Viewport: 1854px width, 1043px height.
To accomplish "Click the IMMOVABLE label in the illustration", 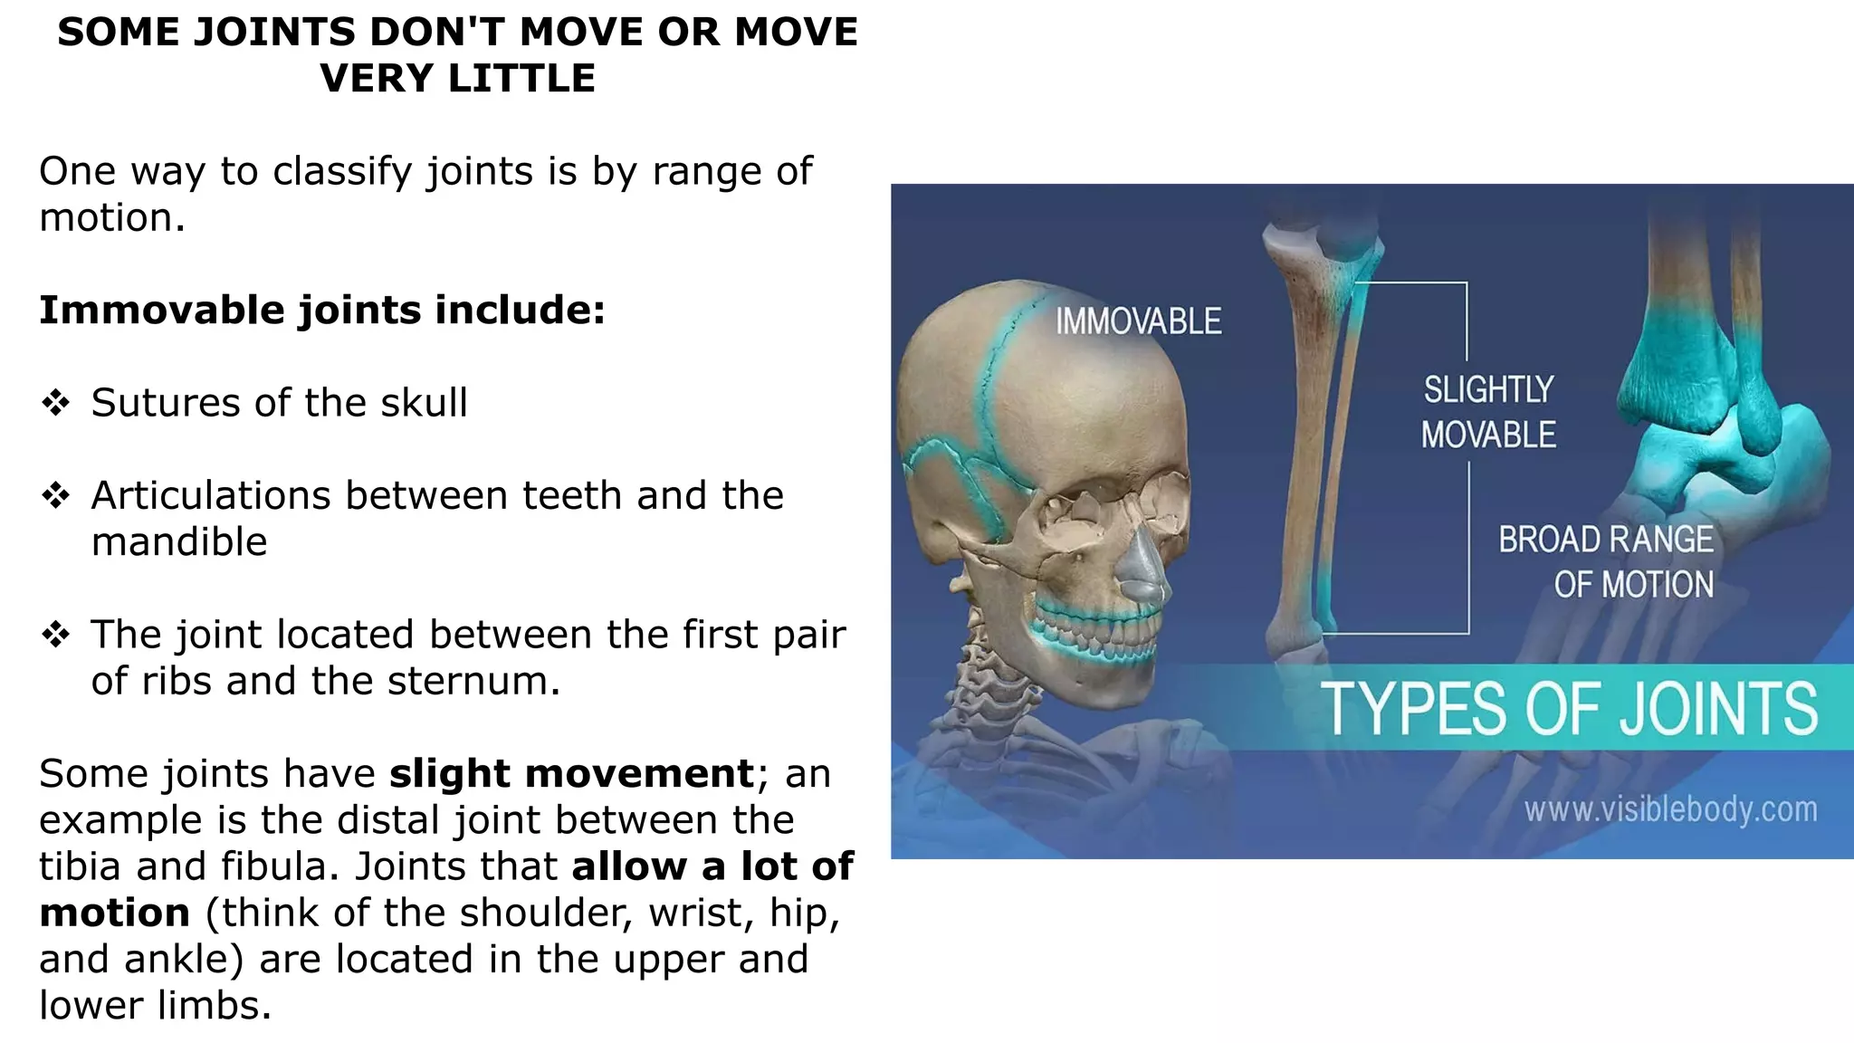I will pyautogui.click(x=1138, y=321).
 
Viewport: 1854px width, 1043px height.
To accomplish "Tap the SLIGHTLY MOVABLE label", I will pyautogui.click(x=1488, y=412).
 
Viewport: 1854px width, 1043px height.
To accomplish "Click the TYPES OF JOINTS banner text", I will pyautogui.click(x=1569, y=709).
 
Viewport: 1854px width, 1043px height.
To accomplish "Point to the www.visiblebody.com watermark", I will pyautogui.click(x=1670, y=809).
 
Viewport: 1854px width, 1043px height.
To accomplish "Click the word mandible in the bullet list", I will pyautogui.click(x=179, y=542).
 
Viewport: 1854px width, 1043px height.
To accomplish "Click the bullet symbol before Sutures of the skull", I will pyautogui.click(x=56, y=403).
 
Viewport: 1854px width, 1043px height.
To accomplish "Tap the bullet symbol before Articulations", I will pyautogui.click(x=56, y=496).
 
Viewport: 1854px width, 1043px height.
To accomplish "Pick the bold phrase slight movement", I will pyautogui.click(x=571, y=774).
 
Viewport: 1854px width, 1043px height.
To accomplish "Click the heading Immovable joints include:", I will pyautogui.click(x=322, y=310).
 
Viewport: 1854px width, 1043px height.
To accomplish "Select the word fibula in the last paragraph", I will pyautogui.click(x=281, y=866).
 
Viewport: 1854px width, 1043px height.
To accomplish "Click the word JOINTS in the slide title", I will pyautogui.click(x=274, y=33).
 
